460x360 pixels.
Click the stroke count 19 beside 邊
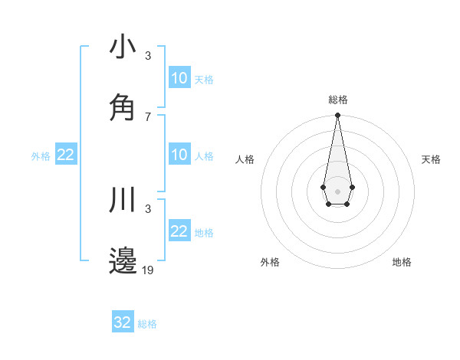149,270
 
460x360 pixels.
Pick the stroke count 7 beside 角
148,116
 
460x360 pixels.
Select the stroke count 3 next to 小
148,56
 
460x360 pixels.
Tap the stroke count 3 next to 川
148,209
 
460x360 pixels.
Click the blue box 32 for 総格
123,322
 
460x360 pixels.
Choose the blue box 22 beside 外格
65,155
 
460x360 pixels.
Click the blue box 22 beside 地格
179,231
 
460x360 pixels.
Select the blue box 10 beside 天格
179,78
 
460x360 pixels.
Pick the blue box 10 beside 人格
179,155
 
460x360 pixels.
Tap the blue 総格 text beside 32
147,324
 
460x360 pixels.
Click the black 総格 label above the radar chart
337,100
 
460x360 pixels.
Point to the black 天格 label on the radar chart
431,159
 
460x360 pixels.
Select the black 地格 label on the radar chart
402,262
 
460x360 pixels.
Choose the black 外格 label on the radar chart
270,262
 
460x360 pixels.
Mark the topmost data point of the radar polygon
337,116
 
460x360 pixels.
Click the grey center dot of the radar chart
337,190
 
